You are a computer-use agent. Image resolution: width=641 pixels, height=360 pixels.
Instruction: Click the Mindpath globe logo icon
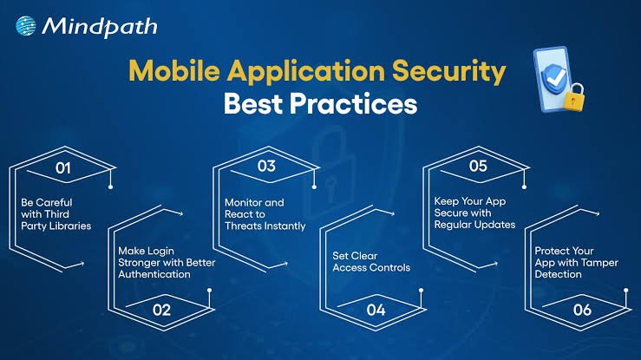click(26, 26)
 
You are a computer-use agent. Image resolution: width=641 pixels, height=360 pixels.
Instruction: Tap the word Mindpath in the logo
click(100, 27)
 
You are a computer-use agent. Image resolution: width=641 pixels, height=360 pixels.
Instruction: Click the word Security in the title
click(448, 71)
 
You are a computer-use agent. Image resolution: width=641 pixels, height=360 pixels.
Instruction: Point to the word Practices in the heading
click(354, 104)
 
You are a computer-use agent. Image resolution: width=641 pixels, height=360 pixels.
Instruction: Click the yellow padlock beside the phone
click(574, 97)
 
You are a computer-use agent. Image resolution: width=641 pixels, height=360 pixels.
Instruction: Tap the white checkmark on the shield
click(556, 77)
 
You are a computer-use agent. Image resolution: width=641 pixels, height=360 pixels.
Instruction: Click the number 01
click(63, 168)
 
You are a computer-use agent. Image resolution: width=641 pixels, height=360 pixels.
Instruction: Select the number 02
click(161, 311)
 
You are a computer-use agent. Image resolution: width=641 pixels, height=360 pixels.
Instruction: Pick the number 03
click(266, 166)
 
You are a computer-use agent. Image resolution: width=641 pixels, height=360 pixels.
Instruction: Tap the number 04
click(376, 311)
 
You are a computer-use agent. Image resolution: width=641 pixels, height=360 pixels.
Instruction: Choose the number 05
click(478, 166)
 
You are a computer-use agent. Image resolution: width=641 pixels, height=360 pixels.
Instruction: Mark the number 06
click(582, 311)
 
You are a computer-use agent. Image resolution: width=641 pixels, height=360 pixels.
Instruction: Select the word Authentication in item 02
click(154, 274)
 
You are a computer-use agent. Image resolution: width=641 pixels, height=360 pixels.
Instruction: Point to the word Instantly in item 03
click(286, 226)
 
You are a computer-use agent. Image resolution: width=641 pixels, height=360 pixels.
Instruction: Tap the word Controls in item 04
click(391, 268)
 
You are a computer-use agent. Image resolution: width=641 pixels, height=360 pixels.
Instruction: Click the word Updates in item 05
click(498, 225)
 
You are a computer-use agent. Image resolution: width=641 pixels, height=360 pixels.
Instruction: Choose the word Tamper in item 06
click(602, 263)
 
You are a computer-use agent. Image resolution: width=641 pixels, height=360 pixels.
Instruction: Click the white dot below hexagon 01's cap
click(110, 187)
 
